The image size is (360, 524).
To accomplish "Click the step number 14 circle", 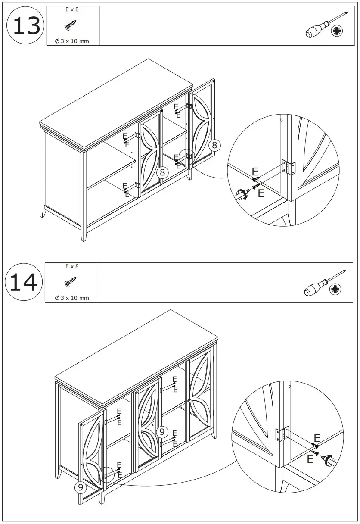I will click(24, 283).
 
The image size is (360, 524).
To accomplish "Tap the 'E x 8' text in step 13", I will click(72, 9).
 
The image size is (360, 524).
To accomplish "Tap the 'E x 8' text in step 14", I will click(72, 266).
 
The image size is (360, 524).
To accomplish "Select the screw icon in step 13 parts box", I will click(71, 26).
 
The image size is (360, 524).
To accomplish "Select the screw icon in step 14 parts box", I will click(70, 282).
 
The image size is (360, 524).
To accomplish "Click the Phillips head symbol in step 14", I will click(335, 290).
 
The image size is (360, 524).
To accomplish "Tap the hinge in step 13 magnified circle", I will click(289, 167).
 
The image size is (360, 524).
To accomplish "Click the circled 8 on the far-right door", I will click(214, 145).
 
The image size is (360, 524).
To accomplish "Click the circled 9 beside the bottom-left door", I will click(80, 487).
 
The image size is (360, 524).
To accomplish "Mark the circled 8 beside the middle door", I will click(162, 172).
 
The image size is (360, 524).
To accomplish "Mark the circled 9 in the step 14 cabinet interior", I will click(162, 431).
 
